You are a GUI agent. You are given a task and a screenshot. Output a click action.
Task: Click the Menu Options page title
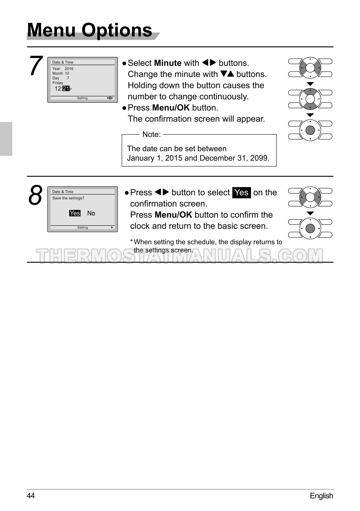tap(90, 30)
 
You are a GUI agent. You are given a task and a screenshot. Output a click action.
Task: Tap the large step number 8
tap(35, 195)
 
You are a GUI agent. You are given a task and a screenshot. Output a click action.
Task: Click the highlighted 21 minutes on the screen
tap(66, 89)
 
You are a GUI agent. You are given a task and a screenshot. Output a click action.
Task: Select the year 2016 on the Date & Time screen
tap(69, 69)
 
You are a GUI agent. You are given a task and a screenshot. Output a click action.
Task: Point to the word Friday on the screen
tap(58, 83)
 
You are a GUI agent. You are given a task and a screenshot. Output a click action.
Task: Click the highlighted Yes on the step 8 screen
tap(75, 213)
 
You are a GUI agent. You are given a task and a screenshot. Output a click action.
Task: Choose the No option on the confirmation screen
tap(91, 213)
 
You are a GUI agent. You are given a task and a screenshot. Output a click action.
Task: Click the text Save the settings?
tap(68, 198)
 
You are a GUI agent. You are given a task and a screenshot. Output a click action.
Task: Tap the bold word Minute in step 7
tap(168, 63)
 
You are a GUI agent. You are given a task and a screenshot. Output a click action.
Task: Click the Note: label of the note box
tap(151, 135)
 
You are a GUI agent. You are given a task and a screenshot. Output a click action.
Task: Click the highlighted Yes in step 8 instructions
tap(242, 193)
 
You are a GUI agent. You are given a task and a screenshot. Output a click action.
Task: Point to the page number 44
tap(31, 496)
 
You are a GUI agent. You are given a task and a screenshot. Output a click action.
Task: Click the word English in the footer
tap(321, 496)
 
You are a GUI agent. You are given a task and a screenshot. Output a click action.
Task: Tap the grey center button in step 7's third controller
tap(310, 130)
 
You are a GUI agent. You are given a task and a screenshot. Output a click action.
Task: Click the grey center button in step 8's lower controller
tap(310, 228)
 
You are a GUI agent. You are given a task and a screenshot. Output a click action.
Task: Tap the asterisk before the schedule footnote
tap(131, 241)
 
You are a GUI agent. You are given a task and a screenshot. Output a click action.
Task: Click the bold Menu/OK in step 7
tap(171, 108)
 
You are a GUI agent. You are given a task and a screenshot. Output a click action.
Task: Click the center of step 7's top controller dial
tap(310, 68)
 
